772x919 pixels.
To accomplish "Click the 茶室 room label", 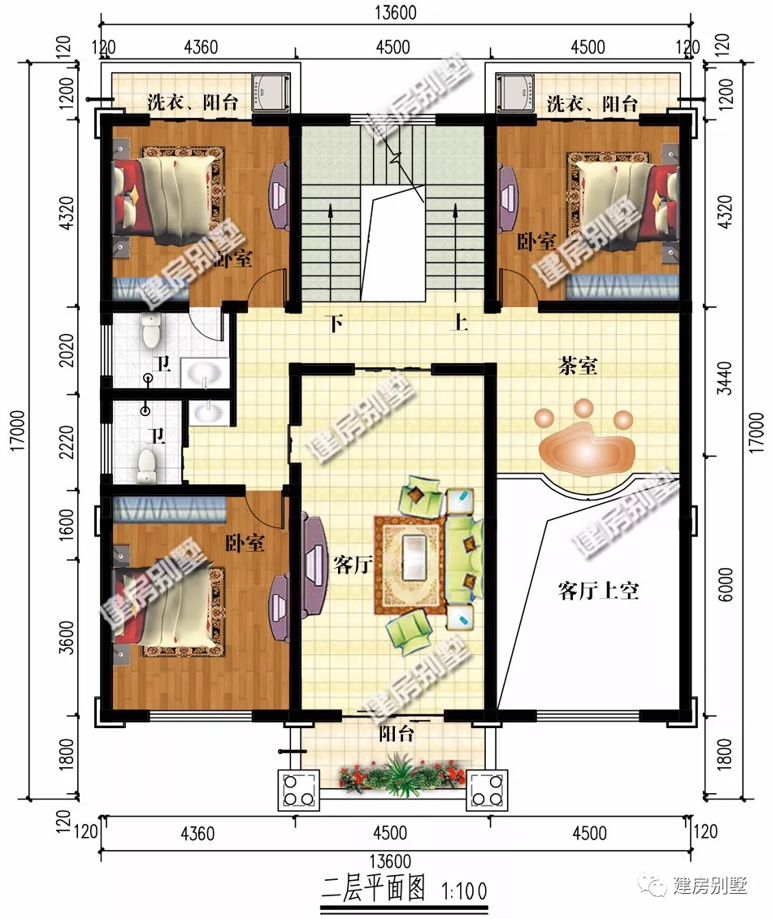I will [578, 366].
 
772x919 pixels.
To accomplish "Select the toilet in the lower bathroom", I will [146, 464].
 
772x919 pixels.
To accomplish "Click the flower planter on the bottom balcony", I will [399, 776].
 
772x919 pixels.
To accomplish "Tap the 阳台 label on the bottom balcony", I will [397, 735].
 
